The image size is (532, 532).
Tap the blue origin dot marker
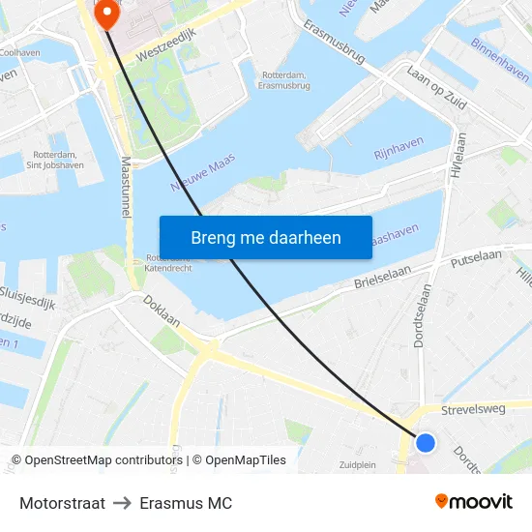point(426,443)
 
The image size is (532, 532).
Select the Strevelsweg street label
point(473,409)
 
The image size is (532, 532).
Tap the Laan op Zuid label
point(438,87)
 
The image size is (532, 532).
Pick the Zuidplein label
point(358,464)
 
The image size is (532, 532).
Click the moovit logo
point(473,502)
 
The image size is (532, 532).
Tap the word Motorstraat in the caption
point(62,503)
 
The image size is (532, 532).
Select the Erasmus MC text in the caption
point(186,503)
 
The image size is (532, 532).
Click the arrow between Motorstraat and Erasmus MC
point(122,503)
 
